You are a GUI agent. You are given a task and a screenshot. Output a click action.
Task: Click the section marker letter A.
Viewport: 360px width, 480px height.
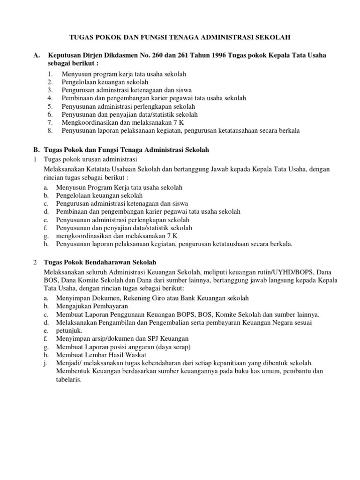coord(36,56)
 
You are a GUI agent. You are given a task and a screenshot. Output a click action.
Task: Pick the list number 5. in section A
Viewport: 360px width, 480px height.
coord(51,106)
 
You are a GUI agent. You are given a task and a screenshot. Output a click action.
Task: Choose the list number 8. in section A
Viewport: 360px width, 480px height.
coord(51,130)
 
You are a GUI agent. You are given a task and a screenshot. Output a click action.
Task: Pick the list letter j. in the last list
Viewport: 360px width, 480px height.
coord(45,363)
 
